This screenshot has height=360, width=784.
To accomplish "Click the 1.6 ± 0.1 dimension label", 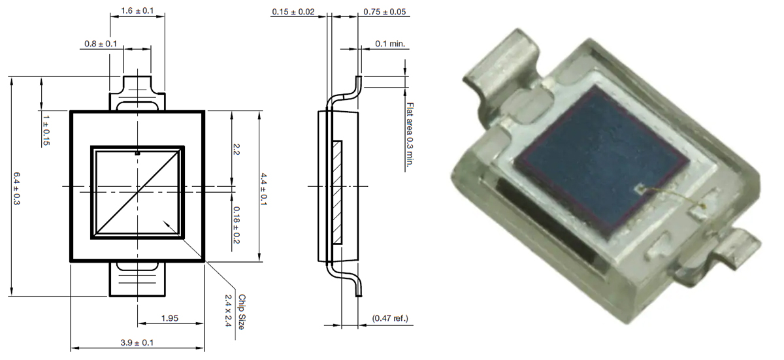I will click(137, 11).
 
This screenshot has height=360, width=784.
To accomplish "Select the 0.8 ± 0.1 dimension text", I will click(101, 44).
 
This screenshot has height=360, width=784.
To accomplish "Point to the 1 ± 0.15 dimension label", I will click(46, 130).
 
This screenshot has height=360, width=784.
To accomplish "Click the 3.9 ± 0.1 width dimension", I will click(137, 342).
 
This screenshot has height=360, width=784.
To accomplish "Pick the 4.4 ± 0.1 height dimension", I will click(264, 186).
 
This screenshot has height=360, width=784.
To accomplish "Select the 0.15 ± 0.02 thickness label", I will click(293, 11).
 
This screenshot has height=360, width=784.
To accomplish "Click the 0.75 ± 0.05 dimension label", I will click(386, 11).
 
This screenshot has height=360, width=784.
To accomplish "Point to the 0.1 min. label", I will click(391, 44).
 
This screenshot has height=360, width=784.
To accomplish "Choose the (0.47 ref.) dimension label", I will click(390, 318).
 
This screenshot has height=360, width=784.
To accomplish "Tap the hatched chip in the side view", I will click(337, 192).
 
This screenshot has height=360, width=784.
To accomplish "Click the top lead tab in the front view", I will click(137, 91).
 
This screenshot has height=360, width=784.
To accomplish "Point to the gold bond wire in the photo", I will click(673, 196).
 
